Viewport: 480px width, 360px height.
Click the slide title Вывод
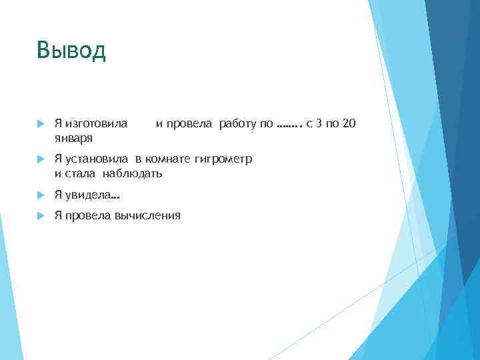point(71,51)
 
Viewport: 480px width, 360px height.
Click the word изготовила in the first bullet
point(95,123)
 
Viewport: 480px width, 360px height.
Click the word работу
point(238,123)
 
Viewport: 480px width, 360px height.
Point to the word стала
point(84,174)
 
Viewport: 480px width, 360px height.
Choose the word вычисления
point(147,215)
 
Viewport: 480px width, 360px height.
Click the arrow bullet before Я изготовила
point(40,123)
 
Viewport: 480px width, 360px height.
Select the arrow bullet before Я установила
point(40,159)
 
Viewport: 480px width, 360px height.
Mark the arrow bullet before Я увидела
point(40,195)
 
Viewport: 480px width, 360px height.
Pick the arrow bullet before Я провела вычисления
point(40,215)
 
